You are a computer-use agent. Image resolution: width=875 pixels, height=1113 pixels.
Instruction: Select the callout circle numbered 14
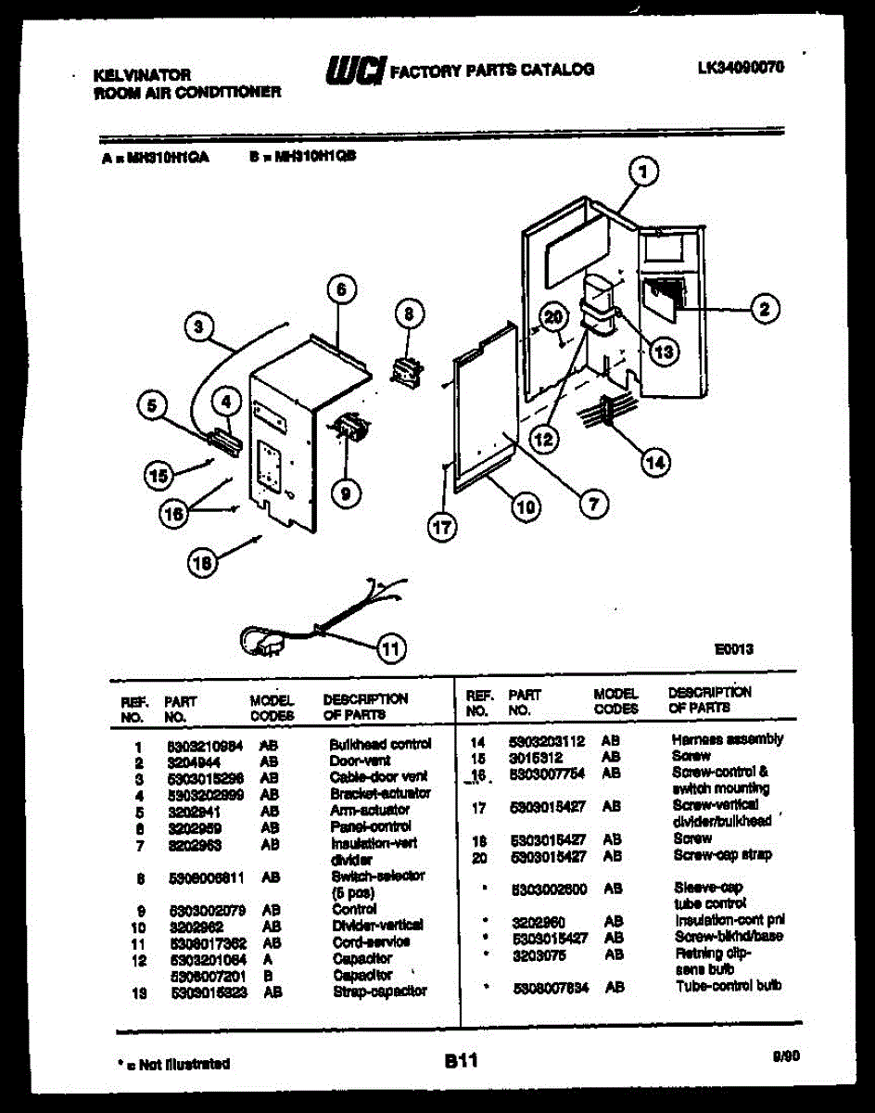pyautogui.click(x=656, y=463)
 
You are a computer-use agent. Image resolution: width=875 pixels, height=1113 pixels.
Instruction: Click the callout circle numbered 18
pyautogui.click(x=203, y=561)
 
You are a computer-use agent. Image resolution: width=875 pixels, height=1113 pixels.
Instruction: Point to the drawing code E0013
pyautogui.click(x=734, y=650)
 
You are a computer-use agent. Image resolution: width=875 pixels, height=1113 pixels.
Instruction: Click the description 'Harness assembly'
pyautogui.click(x=727, y=739)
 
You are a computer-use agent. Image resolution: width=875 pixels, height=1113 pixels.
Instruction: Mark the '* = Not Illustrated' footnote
pyautogui.click(x=176, y=1064)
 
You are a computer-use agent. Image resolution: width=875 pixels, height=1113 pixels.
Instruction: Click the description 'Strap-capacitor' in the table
pyautogui.click(x=378, y=991)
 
